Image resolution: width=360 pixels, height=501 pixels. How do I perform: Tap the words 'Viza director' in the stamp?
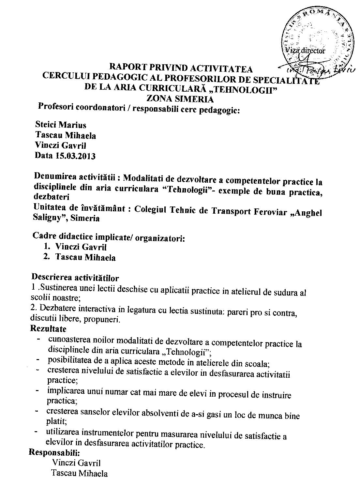[305, 51]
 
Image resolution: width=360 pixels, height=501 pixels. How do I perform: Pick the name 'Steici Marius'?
[61, 125]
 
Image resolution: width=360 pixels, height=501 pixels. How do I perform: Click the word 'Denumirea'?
[55, 177]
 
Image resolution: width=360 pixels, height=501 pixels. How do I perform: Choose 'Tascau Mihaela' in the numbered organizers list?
[85, 257]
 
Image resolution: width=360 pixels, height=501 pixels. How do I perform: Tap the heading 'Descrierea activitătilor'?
[75, 278]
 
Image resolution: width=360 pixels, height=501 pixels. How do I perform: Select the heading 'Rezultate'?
[48, 328]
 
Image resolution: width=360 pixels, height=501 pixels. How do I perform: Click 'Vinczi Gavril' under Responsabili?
[76, 463]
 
